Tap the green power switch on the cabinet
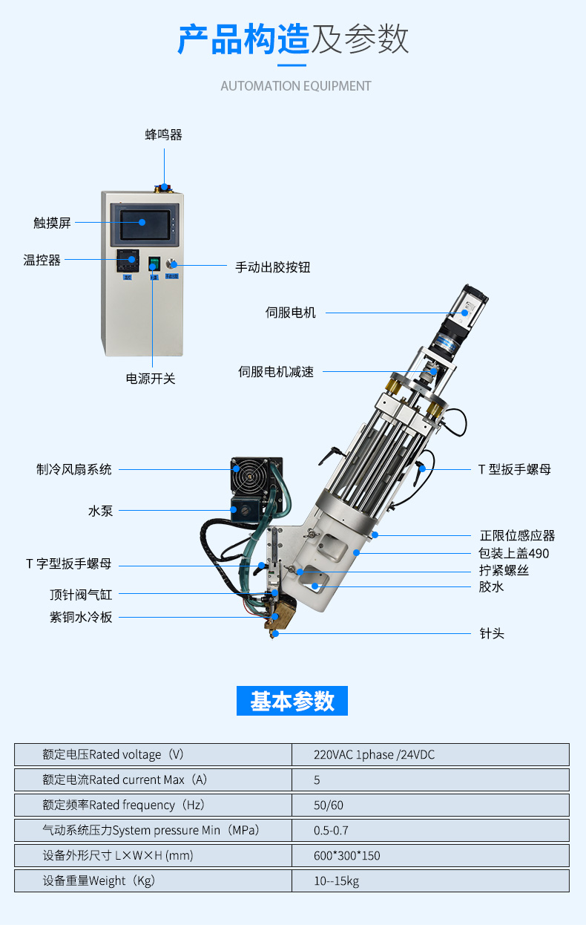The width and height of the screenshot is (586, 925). (154, 264)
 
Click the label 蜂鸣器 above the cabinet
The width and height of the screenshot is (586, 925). (163, 134)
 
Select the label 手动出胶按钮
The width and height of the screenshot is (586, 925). (273, 267)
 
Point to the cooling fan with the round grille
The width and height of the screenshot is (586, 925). (251, 476)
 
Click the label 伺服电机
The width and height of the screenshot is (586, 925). (290, 313)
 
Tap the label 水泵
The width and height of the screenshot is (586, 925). (100, 511)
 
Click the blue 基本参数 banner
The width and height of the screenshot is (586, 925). (292, 701)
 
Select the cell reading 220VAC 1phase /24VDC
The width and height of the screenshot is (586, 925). (430, 754)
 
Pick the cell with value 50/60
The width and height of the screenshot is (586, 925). (430, 805)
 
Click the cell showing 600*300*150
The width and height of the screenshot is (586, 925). (430, 855)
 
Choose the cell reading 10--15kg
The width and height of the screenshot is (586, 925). (430, 880)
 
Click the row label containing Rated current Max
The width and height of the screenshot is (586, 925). (125, 779)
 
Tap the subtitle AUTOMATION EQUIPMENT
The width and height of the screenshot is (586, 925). (296, 86)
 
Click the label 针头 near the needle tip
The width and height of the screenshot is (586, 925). (492, 633)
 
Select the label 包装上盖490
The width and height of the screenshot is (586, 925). (514, 553)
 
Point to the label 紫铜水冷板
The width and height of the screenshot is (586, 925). (81, 617)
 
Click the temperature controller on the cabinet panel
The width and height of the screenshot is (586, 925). (128, 261)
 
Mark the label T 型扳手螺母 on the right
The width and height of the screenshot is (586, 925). (515, 469)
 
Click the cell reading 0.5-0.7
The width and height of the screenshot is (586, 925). (430, 830)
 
